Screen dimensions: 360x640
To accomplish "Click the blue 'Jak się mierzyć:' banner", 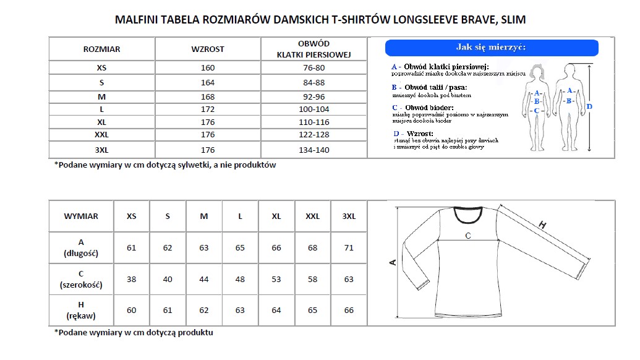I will [492, 48].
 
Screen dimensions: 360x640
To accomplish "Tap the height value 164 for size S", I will [208, 82].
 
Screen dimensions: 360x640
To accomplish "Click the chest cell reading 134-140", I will [314, 150].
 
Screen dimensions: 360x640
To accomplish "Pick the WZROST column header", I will [208, 49].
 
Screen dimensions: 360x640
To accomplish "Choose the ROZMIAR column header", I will [101, 49].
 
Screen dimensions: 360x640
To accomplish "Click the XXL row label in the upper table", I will [101, 134].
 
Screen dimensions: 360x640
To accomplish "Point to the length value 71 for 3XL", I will [349, 248].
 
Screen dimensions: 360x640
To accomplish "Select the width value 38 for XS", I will [131, 280].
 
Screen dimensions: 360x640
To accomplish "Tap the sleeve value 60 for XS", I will [131, 311].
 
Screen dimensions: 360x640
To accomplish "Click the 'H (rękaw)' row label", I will [81, 311].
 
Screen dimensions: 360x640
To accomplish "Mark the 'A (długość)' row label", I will [81, 247].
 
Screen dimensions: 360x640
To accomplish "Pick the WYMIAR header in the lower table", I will [81, 216].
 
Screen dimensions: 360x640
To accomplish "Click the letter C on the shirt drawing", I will [468, 236].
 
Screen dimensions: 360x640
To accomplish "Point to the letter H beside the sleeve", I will [543, 225].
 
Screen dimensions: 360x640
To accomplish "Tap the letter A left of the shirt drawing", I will [392, 262].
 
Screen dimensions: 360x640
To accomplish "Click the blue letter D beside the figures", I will [589, 107].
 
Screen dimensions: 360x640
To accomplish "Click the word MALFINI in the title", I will [136, 19].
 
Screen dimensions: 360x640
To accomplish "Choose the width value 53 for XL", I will [276, 280].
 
